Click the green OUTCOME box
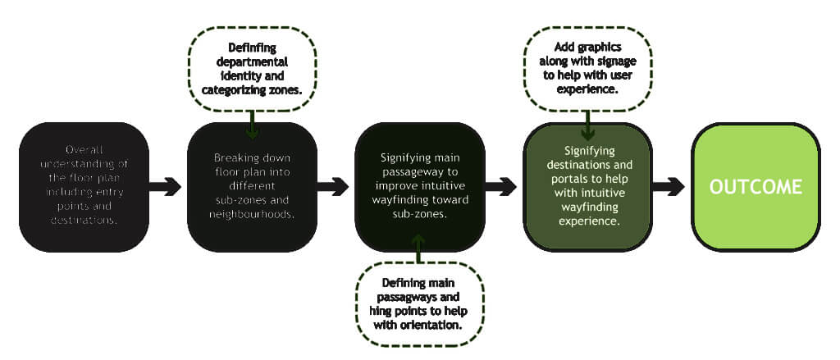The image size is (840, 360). coord(756,187)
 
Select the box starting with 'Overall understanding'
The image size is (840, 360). coord(84,187)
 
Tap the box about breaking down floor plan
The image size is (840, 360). coord(252,187)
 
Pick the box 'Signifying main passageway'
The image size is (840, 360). coord(419,187)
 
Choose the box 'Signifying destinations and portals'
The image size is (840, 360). coord(587,187)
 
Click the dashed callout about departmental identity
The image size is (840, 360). coord(252,69)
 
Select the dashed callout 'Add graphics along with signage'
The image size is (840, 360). coord(587,69)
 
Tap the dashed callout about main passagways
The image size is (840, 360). coord(419,304)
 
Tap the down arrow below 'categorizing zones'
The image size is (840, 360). coord(252,125)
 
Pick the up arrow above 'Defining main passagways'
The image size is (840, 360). coord(419,248)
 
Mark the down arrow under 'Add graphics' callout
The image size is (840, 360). coord(587,125)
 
